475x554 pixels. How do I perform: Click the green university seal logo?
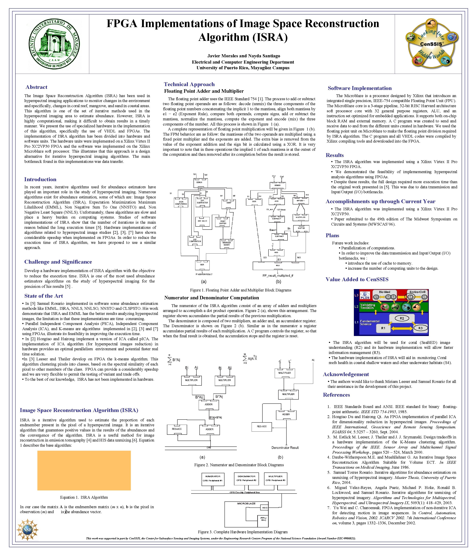tap(54, 44)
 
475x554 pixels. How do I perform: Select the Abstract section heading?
tap(36, 87)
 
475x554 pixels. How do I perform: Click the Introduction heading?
tap(40, 179)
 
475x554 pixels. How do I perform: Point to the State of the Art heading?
tap(44, 296)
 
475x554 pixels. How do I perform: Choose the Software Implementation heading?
tap(360, 88)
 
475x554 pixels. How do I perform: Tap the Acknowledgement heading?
tap(346, 374)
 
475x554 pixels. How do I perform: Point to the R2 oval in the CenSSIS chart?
tap(402, 318)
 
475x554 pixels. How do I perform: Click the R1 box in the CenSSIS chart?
tap(383, 328)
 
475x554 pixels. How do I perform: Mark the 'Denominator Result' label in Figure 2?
tap(285, 448)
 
